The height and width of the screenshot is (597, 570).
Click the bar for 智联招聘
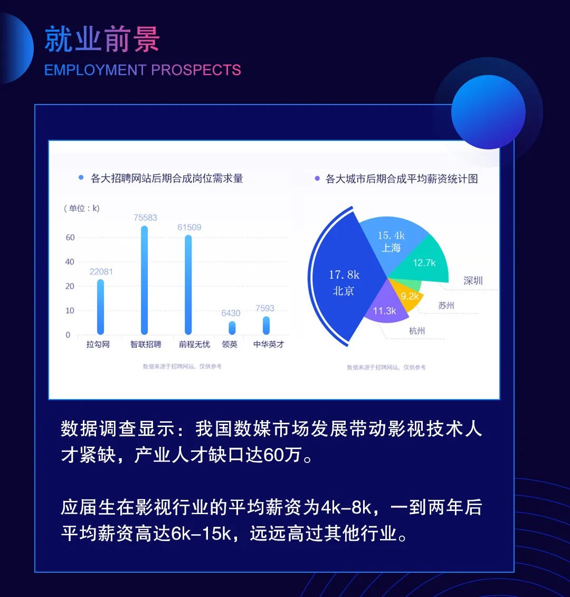point(144,280)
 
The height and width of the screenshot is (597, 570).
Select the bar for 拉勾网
point(100,307)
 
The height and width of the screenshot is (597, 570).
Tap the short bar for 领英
point(232,328)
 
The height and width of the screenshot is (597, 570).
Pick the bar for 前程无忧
point(188,285)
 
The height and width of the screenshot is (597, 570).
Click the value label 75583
point(145,217)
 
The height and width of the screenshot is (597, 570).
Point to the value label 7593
point(264,308)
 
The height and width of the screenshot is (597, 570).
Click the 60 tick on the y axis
point(70,237)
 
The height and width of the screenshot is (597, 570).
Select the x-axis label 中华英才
point(269,344)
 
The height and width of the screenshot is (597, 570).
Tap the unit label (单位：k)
point(81,209)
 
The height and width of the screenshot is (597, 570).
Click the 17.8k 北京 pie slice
point(345,278)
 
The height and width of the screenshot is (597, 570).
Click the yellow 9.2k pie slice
point(407,296)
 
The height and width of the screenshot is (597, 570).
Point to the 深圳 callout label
point(473,281)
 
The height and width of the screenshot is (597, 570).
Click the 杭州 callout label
point(417,331)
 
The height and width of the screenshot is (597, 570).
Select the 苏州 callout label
point(446,305)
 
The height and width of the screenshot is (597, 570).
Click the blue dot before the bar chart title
point(81,177)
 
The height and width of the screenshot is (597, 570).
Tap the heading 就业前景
point(102,39)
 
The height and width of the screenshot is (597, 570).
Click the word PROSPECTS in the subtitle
point(196,70)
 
